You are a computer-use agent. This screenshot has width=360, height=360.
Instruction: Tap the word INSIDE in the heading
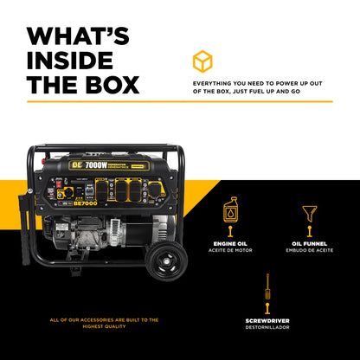click(x=69, y=61)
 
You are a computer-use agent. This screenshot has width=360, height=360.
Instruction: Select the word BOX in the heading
click(x=107, y=85)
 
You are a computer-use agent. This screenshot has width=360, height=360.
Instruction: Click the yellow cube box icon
click(x=202, y=61)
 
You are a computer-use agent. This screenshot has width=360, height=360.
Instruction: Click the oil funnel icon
click(x=309, y=212)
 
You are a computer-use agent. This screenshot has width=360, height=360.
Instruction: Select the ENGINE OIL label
click(x=230, y=245)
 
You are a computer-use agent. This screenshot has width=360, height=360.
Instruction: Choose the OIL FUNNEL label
click(x=309, y=245)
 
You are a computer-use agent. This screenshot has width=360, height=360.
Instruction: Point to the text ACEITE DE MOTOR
click(x=230, y=251)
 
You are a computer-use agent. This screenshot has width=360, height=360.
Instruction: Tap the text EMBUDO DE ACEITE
click(x=309, y=251)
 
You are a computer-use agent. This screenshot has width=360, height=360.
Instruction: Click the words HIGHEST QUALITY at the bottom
click(x=104, y=325)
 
